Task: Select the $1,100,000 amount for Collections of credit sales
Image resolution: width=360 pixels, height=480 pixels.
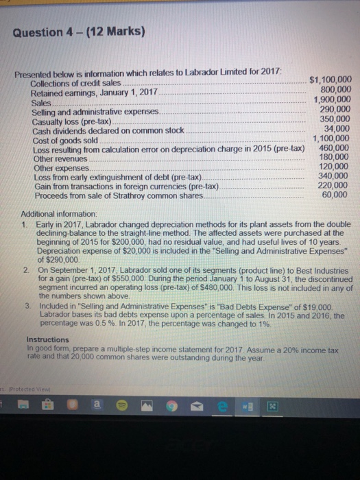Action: pos(331,80)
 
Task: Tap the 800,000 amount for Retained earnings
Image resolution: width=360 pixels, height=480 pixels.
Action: pos(336,88)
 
